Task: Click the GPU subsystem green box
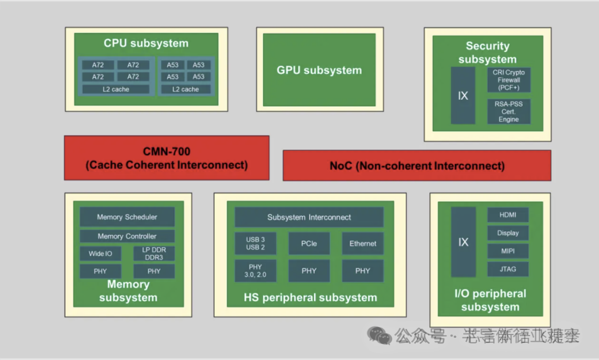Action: [319, 70]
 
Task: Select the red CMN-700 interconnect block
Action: [166, 158]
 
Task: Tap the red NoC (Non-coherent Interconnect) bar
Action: [417, 165]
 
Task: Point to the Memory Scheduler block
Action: [127, 217]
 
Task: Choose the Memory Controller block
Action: [127, 236]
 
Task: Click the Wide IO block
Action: [100, 253]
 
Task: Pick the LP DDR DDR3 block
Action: [154, 253]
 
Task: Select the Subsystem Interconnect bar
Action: [309, 217]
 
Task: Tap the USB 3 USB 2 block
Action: [256, 244]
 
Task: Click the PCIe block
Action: [309, 244]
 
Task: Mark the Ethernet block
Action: [363, 244]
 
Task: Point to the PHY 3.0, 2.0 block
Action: [256, 271]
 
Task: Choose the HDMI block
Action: [507, 215]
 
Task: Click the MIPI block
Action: [507, 251]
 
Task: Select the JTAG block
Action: [507, 269]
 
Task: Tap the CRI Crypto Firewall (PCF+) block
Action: [509, 80]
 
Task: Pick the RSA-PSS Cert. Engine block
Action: [509, 111]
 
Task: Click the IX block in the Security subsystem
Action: [463, 96]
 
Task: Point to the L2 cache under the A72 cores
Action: [116, 89]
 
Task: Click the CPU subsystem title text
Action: [146, 43]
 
